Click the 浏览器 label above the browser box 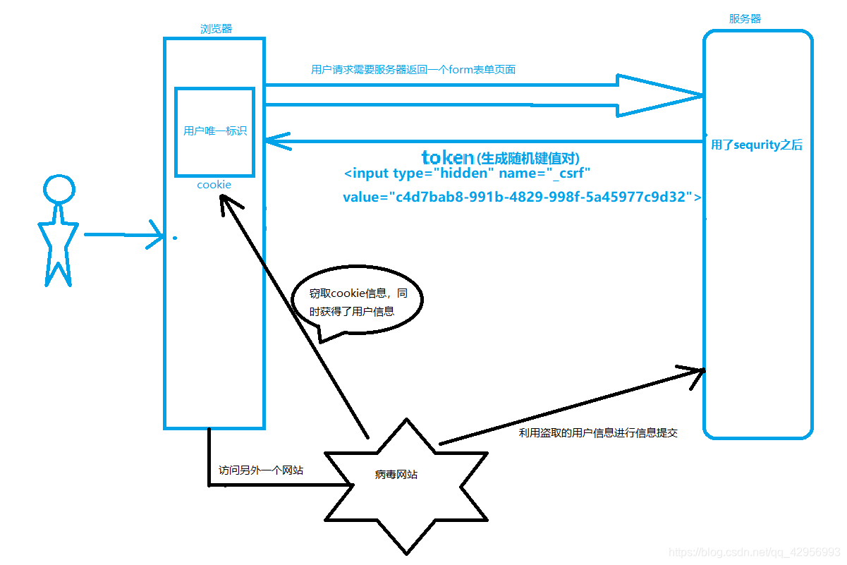(216, 29)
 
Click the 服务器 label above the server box (745, 19)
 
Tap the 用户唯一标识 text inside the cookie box (215, 130)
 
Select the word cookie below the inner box (214, 185)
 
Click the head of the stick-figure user (59, 189)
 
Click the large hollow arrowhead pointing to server (656, 95)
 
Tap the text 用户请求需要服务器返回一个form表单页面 (413, 70)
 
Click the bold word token (448, 157)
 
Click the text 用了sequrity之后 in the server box (756, 145)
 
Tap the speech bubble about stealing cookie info (356, 302)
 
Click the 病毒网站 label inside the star (396, 475)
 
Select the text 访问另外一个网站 (260, 470)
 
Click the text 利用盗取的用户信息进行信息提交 (598, 433)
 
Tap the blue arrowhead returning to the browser (276, 142)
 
